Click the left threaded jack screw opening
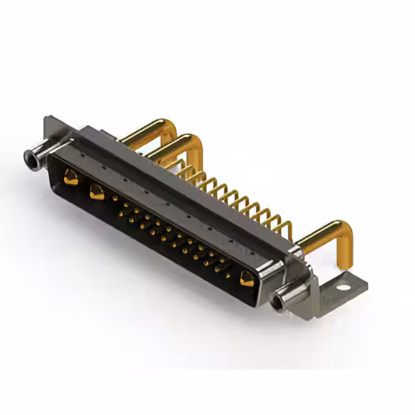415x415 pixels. (29, 156)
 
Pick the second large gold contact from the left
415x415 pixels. (97, 191)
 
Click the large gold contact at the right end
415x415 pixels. (246, 279)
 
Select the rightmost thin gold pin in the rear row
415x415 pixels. (286, 229)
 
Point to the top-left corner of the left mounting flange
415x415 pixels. (47, 119)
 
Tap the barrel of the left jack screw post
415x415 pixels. (39, 153)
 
